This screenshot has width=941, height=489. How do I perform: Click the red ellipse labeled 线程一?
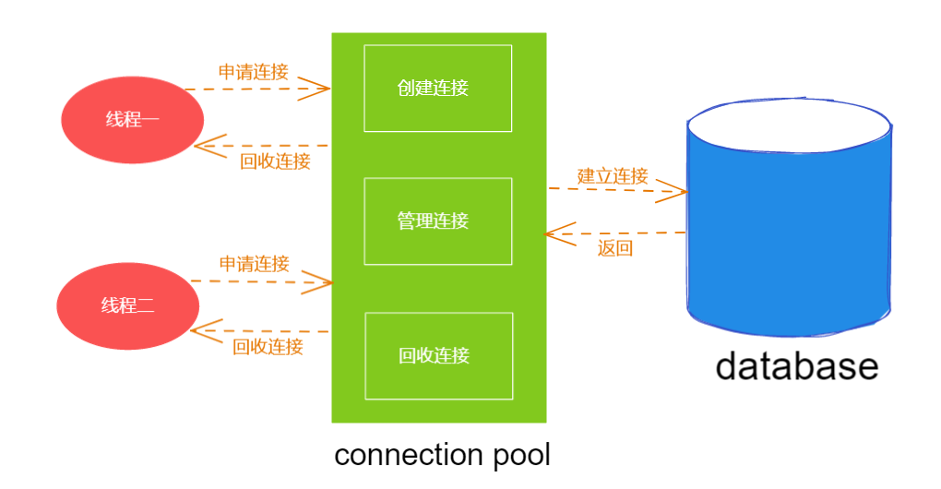point(132,120)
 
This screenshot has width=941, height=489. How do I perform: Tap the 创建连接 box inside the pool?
point(437,88)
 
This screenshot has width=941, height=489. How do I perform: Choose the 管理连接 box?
point(437,221)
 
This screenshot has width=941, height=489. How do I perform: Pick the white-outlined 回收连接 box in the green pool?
point(438,355)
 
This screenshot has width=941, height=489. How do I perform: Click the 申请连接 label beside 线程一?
point(253,71)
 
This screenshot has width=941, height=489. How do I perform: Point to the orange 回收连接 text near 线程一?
point(275,161)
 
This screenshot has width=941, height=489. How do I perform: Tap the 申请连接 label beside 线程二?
point(254,264)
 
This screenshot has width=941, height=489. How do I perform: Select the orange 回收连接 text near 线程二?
point(268,347)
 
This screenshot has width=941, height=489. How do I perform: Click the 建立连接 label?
point(613,175)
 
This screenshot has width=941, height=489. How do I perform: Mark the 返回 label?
point(614,247)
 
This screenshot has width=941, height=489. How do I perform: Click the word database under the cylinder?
point(796,366)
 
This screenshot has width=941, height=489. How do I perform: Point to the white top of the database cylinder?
point(790,123)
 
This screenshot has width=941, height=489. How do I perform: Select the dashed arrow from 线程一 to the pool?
point(258,89)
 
